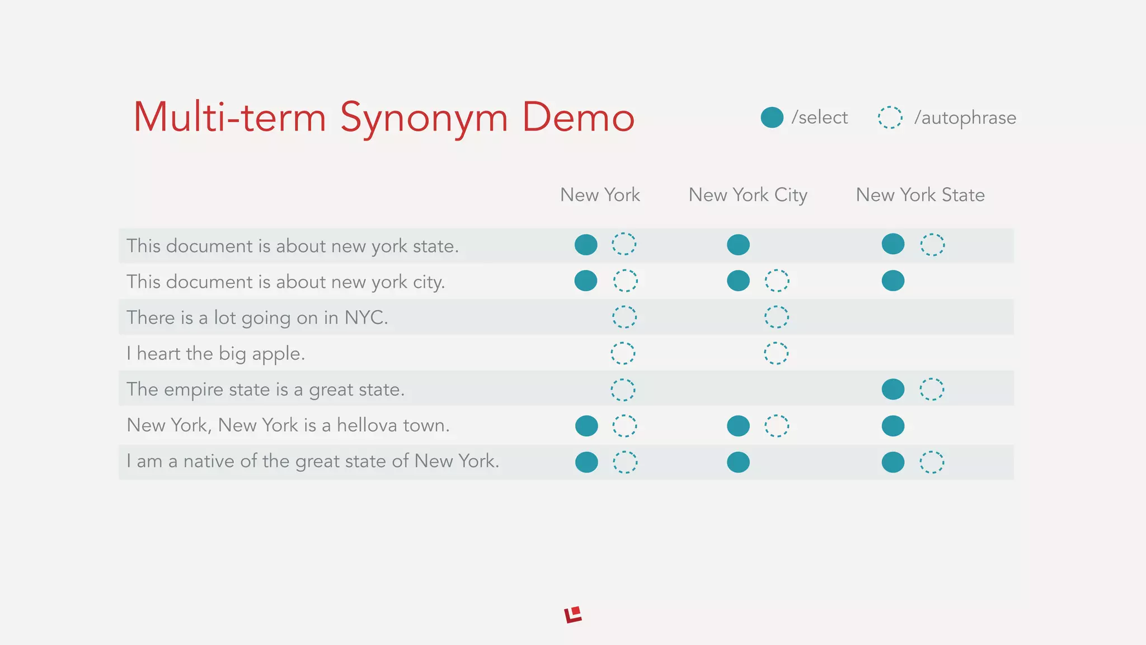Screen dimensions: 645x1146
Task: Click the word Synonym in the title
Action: pos(424,118)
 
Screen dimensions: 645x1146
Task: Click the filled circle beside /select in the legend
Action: pos(772,118)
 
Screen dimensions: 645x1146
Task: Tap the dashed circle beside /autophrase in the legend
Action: pos(890,118)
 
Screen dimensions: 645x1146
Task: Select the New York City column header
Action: pos(748,195)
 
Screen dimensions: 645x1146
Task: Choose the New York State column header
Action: pos(920,195)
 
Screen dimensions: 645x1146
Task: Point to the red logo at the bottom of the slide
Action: pos(573,615)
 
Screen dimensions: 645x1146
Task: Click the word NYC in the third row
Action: pos(365,317)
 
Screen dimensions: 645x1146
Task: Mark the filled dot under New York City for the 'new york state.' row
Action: pos(738,245)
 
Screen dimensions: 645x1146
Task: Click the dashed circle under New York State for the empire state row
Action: pos(932,389)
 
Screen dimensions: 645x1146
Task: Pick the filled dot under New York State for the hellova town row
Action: pos(893,426)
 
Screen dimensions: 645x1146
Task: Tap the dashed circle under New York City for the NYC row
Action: pos(777,317)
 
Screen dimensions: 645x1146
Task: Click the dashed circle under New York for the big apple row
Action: pos(623,353)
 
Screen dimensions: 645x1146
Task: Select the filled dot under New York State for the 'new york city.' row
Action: pos(893,281)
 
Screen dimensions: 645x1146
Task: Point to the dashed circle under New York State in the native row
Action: pos(932,462)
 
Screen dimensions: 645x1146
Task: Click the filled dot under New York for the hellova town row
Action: pos(586,426)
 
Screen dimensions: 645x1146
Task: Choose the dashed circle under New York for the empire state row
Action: pos(623,390)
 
